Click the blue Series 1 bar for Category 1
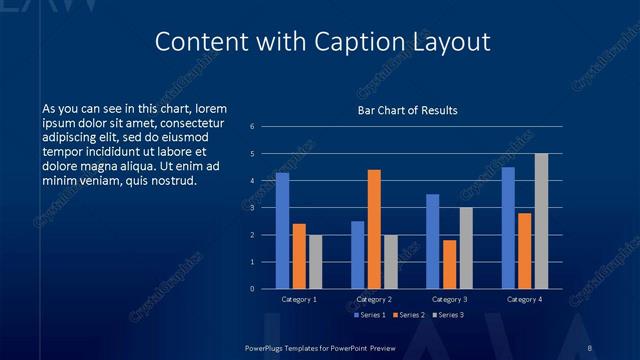point(282,231)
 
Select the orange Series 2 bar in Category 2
point(374,229)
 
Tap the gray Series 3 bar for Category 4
point(541,221)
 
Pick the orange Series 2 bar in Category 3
point(449,264)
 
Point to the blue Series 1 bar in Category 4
point(508,228)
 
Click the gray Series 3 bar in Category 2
point(390,262)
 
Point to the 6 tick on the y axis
point(252,127)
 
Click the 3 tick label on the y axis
point(252,208)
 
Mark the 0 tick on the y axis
point(252,289)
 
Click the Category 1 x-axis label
point(299,299)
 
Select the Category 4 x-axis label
point(524,299)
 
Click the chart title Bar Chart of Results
point(408,110)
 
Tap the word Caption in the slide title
point(379,42)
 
